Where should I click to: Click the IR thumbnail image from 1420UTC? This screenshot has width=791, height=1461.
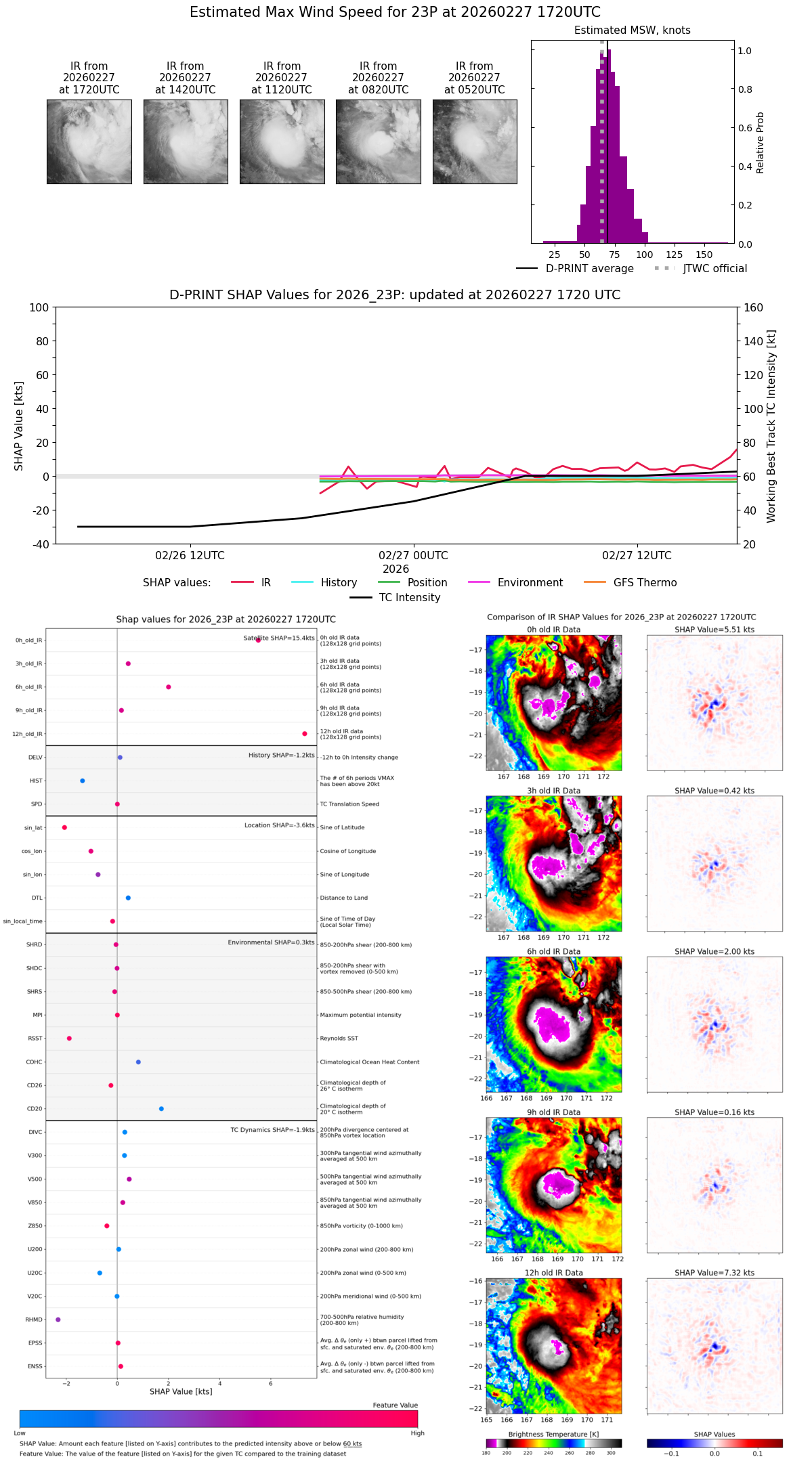186,141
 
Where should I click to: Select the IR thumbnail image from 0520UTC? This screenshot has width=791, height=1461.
475,141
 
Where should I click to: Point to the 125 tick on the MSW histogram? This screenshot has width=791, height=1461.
674,255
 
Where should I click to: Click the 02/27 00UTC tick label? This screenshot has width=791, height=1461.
413,556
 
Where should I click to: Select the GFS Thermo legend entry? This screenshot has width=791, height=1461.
645,583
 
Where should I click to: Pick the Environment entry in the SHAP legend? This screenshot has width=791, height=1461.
530,583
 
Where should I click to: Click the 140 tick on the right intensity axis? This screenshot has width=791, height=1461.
754,341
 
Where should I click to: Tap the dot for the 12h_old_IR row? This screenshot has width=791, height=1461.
305,734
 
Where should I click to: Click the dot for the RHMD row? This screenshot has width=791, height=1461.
58,1320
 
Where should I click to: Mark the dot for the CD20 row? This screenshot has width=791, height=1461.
161,1109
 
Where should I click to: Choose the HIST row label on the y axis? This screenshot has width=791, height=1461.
36,781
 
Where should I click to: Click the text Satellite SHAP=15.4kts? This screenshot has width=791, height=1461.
279,638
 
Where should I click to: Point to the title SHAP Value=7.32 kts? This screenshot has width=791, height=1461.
714,1273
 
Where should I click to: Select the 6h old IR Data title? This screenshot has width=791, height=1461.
553,951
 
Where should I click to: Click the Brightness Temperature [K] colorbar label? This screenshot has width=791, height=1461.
553,1434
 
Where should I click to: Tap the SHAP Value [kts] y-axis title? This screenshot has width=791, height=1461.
19,426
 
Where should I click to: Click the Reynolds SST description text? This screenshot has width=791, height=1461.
339,1039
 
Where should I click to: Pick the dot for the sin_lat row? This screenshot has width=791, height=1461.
64,827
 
